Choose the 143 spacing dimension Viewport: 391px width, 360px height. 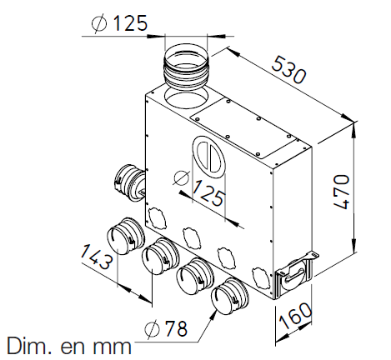click(x=98, y=259)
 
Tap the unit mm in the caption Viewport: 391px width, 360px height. click(x=111, y=345)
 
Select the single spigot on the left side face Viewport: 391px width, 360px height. click(x=127, y=182)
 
